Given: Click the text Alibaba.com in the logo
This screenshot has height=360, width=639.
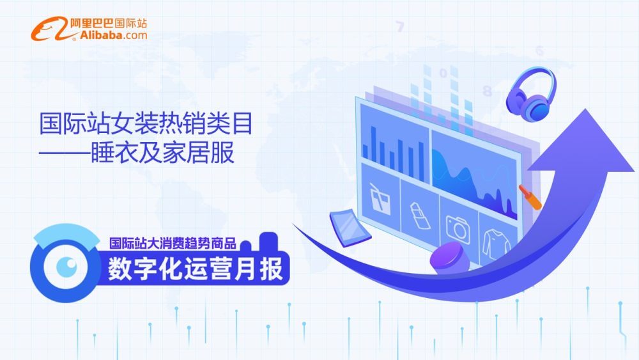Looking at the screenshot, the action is coord(114,35).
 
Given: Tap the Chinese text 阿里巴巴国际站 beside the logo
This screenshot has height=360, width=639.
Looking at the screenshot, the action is coord(108,23).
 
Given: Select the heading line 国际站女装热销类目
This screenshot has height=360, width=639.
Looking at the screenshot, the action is coord(146,123).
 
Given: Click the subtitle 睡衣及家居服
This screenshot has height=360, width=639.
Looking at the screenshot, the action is coord(162,152).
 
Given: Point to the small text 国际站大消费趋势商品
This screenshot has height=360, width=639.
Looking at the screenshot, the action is coord(173,244).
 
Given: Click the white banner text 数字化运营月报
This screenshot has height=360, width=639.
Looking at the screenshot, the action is coord(195,269).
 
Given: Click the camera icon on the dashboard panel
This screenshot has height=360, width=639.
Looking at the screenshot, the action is coord(458,229).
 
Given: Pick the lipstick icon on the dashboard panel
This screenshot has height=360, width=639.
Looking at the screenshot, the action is coord(420,215).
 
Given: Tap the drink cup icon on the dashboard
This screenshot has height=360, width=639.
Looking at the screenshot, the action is coord(380,199).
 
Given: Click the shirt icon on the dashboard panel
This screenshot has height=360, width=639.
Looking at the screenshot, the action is coord(496,244).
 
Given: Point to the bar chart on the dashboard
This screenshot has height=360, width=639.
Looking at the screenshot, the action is coord(393,153).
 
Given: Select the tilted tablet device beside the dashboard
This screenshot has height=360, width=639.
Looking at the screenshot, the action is coord(350,228).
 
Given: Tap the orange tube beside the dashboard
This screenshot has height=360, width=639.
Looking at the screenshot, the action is coord(530,197).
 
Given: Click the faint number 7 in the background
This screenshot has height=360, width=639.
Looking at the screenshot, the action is coord(400,27).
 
